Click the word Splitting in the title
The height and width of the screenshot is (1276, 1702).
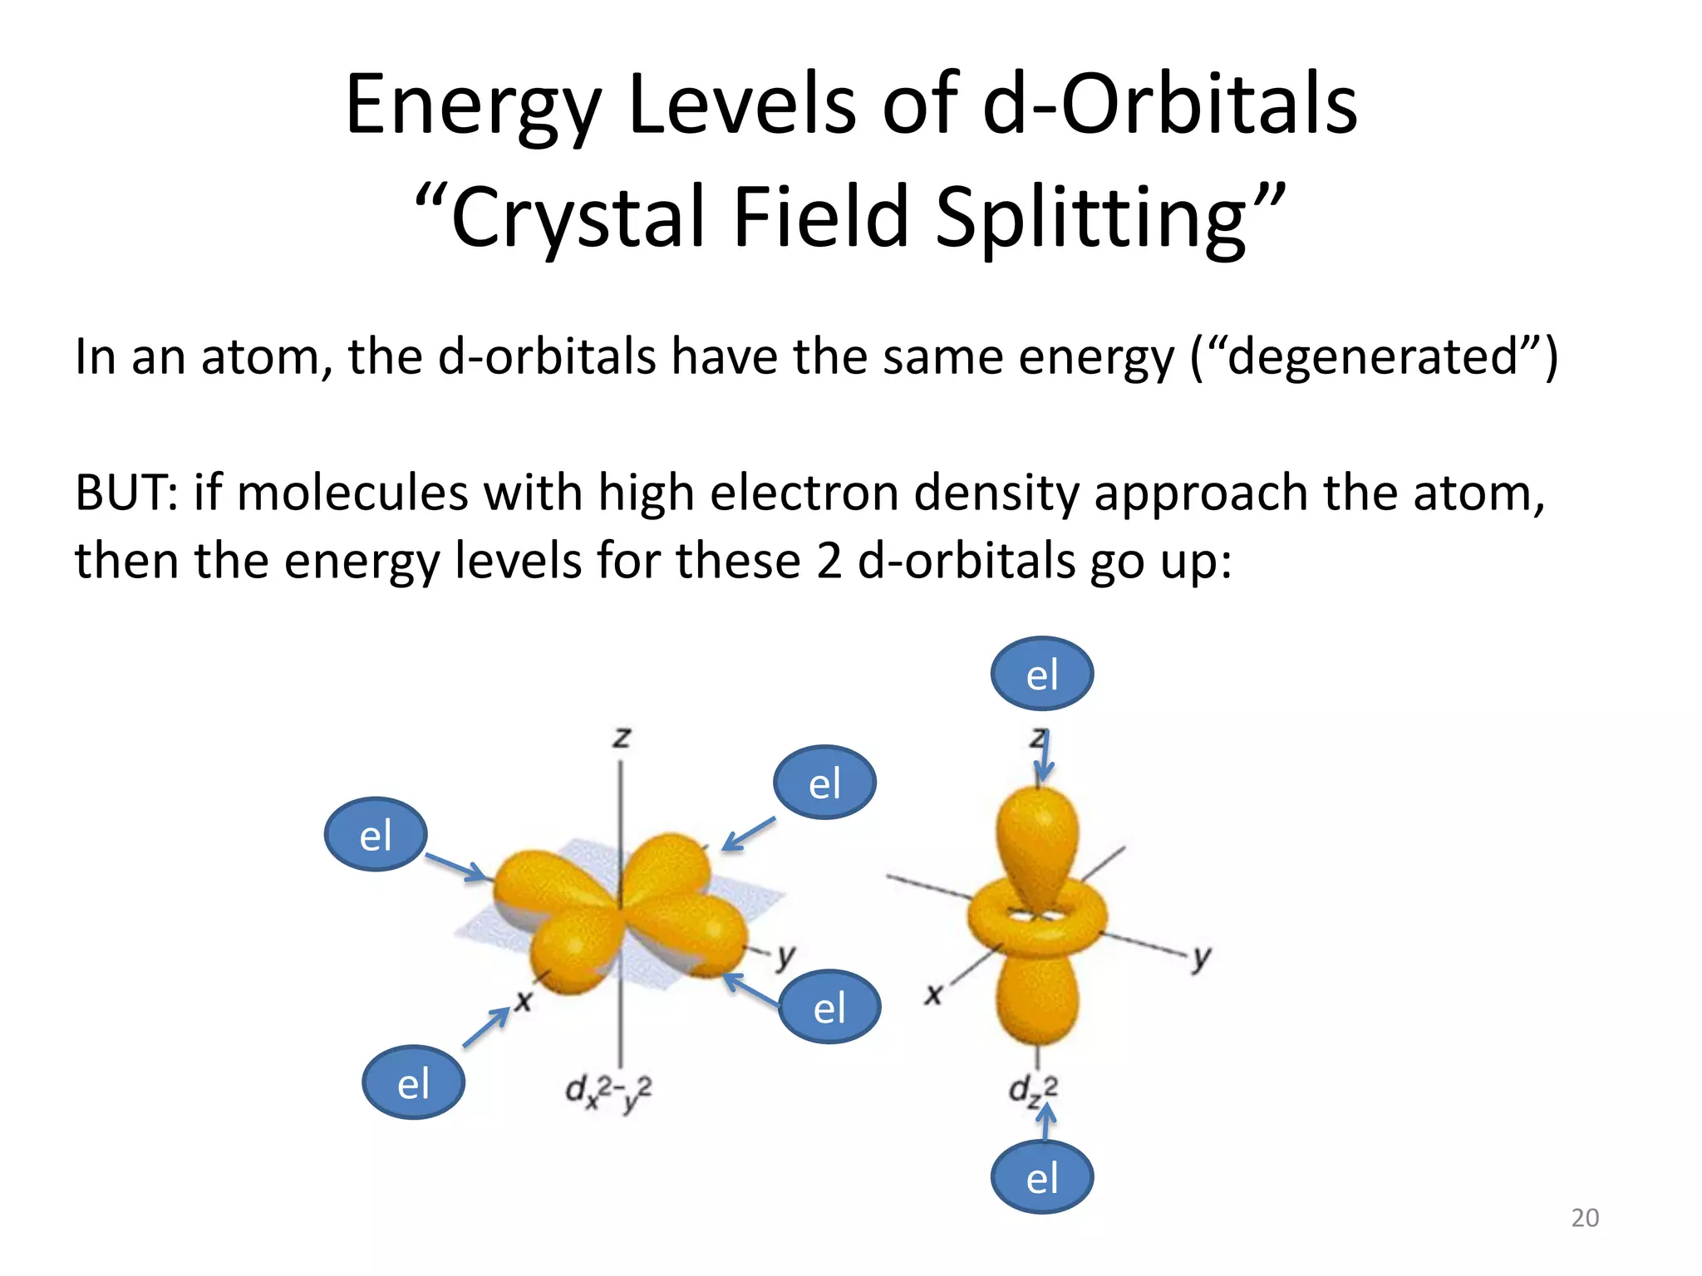coord(1090,218)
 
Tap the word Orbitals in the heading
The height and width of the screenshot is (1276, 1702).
coord(1209,105)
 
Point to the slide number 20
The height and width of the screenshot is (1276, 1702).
coord(1584,1218)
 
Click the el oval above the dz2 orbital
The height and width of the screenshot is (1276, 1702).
coord(1041,674)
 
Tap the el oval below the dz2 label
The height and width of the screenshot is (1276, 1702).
coord(1041,1177)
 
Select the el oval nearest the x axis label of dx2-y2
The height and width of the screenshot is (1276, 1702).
coord(413,1082)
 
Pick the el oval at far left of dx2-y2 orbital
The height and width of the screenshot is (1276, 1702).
coord(375,834)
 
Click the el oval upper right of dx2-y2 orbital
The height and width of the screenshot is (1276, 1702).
coord(824,783)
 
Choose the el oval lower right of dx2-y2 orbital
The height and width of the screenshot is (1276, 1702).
coord(829,1007)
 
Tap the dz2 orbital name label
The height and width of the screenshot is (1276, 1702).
coord(1033,1090)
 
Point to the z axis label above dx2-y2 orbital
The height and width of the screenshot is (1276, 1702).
coord(622,737)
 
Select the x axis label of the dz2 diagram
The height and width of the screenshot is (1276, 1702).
coord(934,994)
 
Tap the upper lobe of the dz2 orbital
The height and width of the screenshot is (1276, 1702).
coord(1036,839)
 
